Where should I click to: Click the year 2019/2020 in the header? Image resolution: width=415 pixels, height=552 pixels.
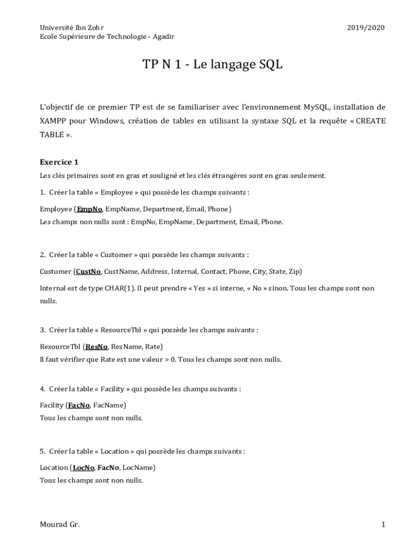366,27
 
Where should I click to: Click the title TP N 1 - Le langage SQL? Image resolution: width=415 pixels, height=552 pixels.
212,65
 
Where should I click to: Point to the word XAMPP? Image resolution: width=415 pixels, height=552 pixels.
53,121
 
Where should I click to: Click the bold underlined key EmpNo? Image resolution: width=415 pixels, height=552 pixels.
89,209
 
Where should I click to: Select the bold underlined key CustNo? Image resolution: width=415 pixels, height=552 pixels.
88,271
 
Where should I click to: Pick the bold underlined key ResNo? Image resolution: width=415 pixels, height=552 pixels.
96,346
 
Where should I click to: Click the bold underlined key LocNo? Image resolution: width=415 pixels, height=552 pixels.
84,467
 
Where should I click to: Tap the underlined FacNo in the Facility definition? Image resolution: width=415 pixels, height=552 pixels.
79,405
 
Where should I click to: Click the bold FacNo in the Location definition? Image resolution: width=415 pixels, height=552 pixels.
108,467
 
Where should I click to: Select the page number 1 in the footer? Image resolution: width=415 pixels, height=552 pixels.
383,525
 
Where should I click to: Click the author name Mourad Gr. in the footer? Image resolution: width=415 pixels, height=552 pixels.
60,525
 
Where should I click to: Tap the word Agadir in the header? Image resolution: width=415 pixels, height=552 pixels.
163,37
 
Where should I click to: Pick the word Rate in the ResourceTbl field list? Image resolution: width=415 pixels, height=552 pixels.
153,346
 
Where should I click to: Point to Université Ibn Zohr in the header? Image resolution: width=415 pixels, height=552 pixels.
72,27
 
